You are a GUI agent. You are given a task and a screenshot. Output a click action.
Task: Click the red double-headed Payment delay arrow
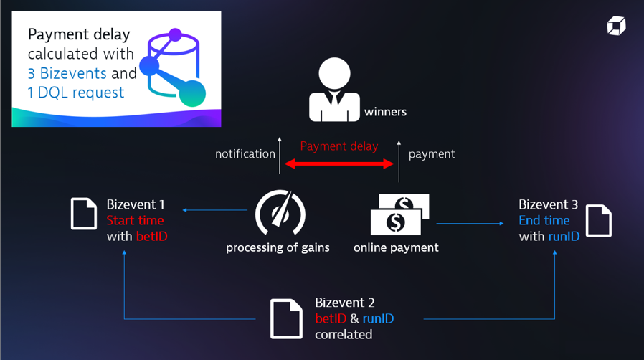pos(339,164)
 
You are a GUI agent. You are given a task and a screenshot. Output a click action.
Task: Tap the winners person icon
pos(334,90)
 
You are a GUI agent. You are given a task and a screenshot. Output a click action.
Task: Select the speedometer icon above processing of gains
pos(280,212)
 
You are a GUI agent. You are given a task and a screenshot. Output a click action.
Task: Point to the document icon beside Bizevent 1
pos(83,214)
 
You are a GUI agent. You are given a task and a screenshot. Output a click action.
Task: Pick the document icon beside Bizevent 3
pos(599,220)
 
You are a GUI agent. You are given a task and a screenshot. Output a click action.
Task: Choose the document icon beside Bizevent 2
pos(286,318)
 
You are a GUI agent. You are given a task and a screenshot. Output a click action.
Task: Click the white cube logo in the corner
pos(616,27)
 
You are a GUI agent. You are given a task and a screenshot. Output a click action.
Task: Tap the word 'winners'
pos(385,112)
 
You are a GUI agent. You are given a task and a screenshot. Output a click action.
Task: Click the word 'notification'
pos(245,153)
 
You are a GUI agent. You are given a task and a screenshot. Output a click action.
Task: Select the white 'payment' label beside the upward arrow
pos(432,153)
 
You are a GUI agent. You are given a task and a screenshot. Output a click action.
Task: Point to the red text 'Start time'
pos(135,220)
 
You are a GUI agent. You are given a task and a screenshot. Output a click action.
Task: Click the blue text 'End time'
pos(544,220)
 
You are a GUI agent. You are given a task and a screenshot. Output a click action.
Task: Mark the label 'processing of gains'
pos(278,247)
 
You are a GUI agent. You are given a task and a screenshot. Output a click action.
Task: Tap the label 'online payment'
pos(396,247)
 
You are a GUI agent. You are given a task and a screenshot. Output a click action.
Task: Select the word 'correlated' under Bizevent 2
pos(344,334)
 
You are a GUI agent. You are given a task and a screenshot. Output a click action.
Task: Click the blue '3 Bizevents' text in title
pos(67,73)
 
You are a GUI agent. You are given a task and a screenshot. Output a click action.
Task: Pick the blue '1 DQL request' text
pos(76,93)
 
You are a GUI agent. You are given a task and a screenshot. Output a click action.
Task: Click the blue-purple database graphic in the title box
pos(175,67)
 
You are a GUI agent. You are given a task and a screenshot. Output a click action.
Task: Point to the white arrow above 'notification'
pos(280,154)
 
